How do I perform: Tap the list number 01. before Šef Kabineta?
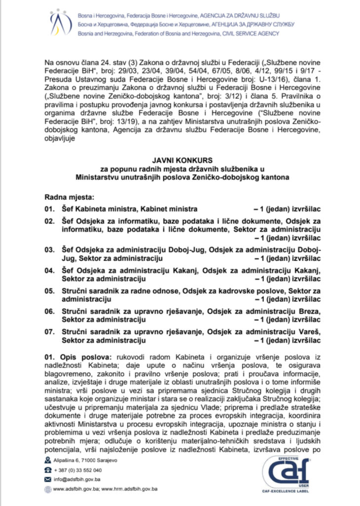(50, 209)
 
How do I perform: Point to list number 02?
(50, 222)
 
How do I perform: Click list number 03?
(50, 250)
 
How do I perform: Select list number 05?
(50, 291)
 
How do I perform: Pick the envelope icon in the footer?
(48, 479)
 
